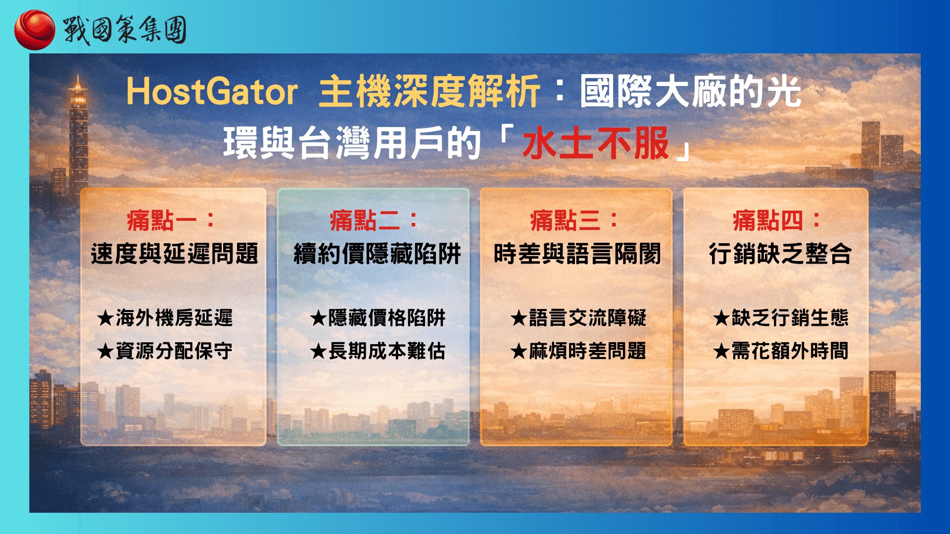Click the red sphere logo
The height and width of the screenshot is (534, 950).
pyautogui.click(x=34, y=30)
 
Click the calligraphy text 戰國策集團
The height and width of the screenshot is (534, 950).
pyautogui.click(x=125, y=30)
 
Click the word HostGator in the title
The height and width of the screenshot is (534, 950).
pyautogui.click(x=212, y=92)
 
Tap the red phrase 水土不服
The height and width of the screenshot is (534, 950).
pyautogui.click(x=596, y=144)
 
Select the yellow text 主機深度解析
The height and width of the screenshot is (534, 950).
pyautogui.click(x=428, y=92)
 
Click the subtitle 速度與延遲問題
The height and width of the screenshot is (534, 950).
pyautogui.click(x=174, y=254)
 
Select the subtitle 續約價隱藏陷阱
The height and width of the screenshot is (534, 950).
pyautogui.click(x=377, y=254)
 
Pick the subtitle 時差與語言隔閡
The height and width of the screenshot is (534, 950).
pyautogui.click(x=577, y=254)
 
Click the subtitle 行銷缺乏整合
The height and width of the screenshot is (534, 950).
pyautogui.click(x=780, y=254)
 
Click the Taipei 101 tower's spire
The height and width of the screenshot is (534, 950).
pyautogui.click(x=78, y=79)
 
